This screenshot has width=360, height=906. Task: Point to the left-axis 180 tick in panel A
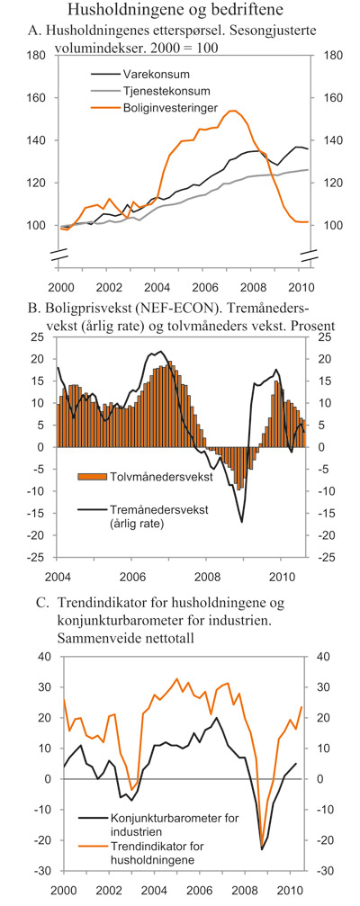pos(37,55)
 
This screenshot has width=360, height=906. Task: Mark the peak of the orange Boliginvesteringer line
pos(232,111)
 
